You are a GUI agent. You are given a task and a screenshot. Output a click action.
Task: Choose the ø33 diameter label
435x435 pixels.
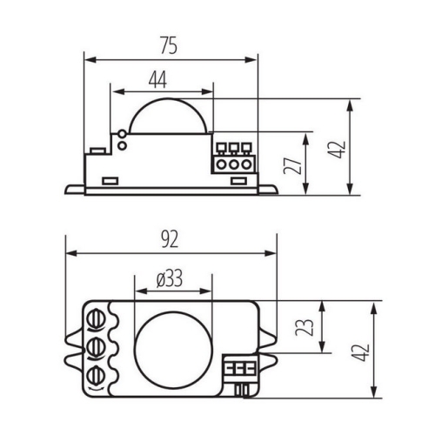(171, 278)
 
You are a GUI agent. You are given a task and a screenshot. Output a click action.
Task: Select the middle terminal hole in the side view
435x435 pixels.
(232, 163)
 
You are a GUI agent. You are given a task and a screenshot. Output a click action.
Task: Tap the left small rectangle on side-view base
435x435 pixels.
(110, 181)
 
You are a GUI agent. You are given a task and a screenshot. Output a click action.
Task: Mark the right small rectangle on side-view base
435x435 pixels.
(238, 181)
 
